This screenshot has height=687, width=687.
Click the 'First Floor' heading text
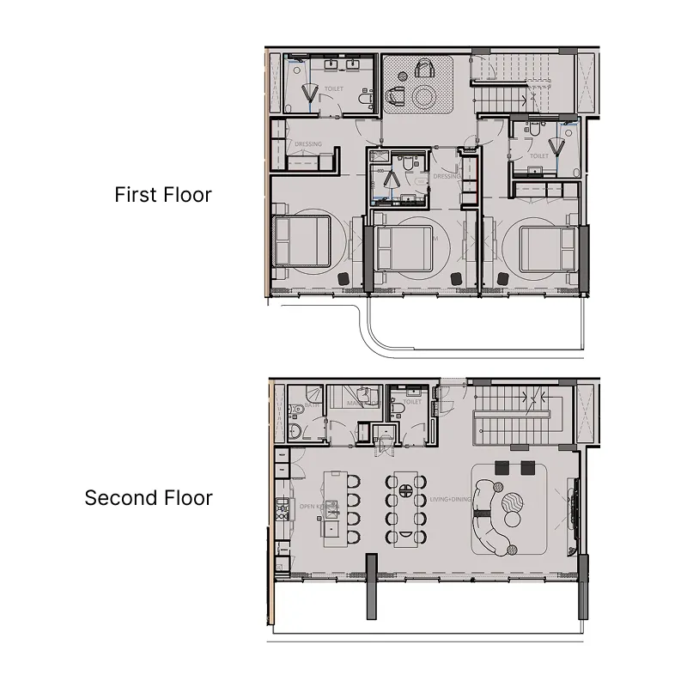[163, 195]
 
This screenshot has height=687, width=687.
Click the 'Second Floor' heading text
[149, 498]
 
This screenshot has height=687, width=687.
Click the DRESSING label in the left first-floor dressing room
[307, 144]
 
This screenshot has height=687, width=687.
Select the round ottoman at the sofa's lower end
[514, 519]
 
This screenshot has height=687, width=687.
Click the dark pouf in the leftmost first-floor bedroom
[342, 278]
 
